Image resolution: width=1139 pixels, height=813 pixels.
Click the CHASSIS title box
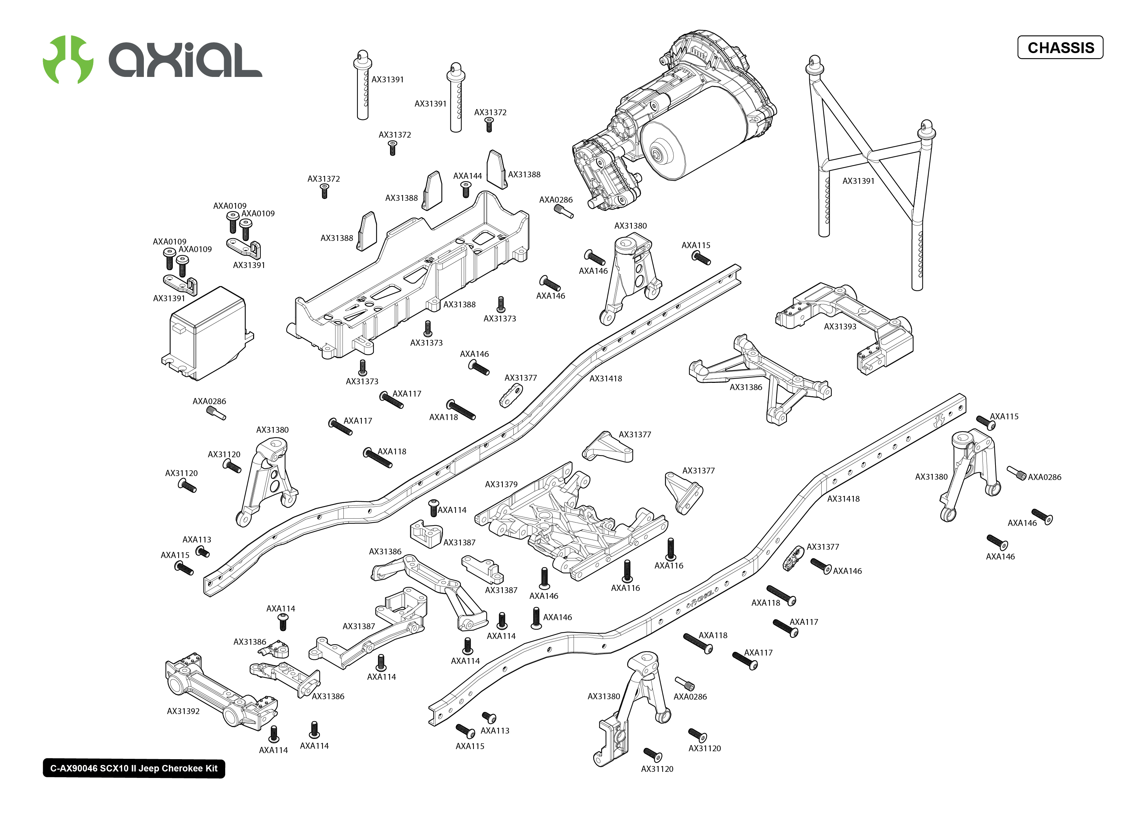pyautogui.click(x=1060, y=48)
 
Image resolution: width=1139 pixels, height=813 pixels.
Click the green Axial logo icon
pyautogui.click(x=68, y=59)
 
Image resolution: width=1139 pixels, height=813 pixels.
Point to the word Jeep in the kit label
pyautogui.click(x=148, y=769)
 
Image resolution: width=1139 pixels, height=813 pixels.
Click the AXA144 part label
pyautogui.click(x=467, y=176)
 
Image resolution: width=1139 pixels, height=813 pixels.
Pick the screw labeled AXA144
pyautogui.click(x=466, y=189)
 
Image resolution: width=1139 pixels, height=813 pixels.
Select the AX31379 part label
pyautogui.click(x=501, y=484)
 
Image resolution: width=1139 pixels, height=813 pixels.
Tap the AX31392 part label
pyautogui.click(x=183, y=711)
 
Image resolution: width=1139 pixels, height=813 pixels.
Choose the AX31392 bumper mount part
pyautogui.click(x=221, y=691)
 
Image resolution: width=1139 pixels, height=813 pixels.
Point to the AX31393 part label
pyautogui.click(x=840, y=327)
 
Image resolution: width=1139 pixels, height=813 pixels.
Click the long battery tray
pyautogui.click(x=408, y=275)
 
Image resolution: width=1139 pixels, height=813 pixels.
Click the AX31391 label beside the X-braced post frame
pyautogui.click(x=858, y=181)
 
